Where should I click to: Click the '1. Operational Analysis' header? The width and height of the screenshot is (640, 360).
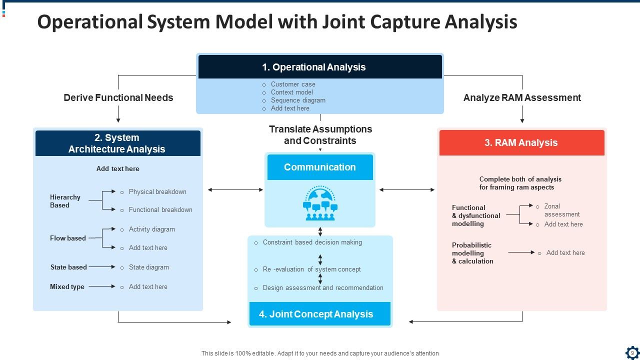320,67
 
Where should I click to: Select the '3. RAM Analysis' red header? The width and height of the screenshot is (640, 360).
521,142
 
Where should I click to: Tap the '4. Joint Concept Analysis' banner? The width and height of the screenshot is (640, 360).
319,314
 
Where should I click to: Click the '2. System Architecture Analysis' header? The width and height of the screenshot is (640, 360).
117,143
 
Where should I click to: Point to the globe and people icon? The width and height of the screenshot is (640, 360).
320,203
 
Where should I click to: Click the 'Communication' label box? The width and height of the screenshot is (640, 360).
320,167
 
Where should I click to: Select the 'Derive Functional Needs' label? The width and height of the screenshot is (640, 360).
118,97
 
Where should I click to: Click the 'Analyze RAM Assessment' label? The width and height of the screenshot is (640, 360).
522,97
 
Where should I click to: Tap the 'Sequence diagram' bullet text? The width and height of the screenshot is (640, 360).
298,100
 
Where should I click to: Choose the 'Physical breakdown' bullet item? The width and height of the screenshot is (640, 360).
157,191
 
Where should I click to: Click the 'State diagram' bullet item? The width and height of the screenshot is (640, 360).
149,267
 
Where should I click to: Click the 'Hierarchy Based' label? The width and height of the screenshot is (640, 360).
65,201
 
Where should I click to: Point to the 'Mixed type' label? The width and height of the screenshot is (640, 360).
67,286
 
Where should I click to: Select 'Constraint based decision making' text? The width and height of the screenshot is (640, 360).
312,242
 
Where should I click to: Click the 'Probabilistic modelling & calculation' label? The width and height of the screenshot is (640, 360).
472,253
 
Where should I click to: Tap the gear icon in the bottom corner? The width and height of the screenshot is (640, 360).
632,352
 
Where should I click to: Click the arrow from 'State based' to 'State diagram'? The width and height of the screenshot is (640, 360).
102,267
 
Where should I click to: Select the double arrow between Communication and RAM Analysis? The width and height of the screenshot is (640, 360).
407,189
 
